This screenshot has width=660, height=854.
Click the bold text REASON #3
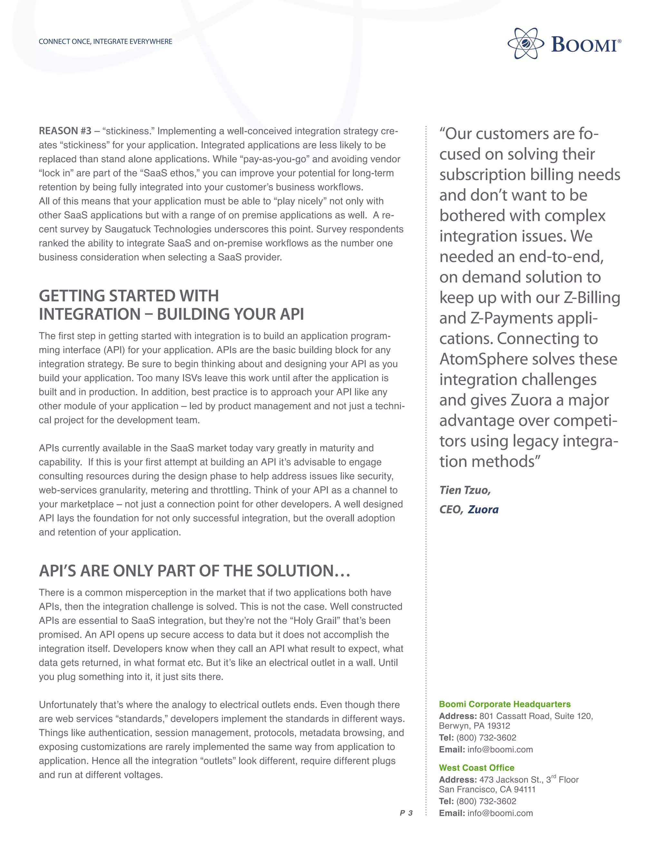(x=65, y=131)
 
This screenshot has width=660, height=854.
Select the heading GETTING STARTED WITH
(x=129, y=296)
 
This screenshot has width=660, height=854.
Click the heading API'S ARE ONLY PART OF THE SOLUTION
(x=194, y=571)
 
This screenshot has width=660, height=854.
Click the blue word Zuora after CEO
(x=483, y=509)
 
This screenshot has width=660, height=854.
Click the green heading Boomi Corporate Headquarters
(x=504, y=704)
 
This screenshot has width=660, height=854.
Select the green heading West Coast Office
(x=476, y=768)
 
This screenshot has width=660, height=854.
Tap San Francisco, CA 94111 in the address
(x=487, y=790)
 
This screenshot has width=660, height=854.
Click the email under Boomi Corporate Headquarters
(x=500, y=750)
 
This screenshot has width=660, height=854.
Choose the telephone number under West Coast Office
(x=486, y=801)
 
